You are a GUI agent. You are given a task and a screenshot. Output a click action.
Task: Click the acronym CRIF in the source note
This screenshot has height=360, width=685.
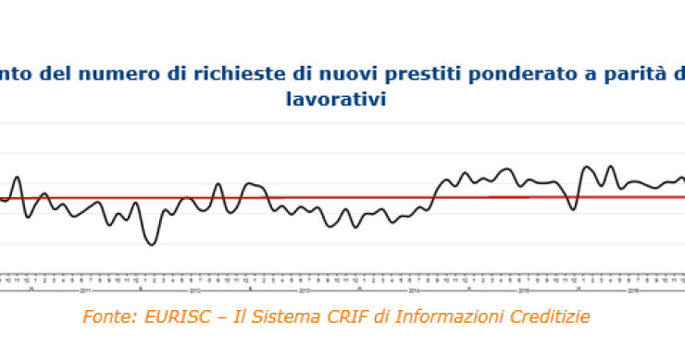click(346, 317)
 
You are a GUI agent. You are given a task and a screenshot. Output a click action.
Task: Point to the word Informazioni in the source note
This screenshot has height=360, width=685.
click(444, 317)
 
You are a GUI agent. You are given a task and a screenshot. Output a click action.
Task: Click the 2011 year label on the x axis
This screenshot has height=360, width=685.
click(84, 288)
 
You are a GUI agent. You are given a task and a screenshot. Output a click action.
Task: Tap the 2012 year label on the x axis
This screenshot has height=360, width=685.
click(196, 288)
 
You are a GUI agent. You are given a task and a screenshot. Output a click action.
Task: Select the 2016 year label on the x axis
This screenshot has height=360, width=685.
click(633, 288)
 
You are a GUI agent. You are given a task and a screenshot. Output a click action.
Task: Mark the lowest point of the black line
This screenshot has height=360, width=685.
click(151, 244)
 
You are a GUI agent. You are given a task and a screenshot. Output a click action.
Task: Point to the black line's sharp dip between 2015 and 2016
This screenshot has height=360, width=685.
click(574, 209)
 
